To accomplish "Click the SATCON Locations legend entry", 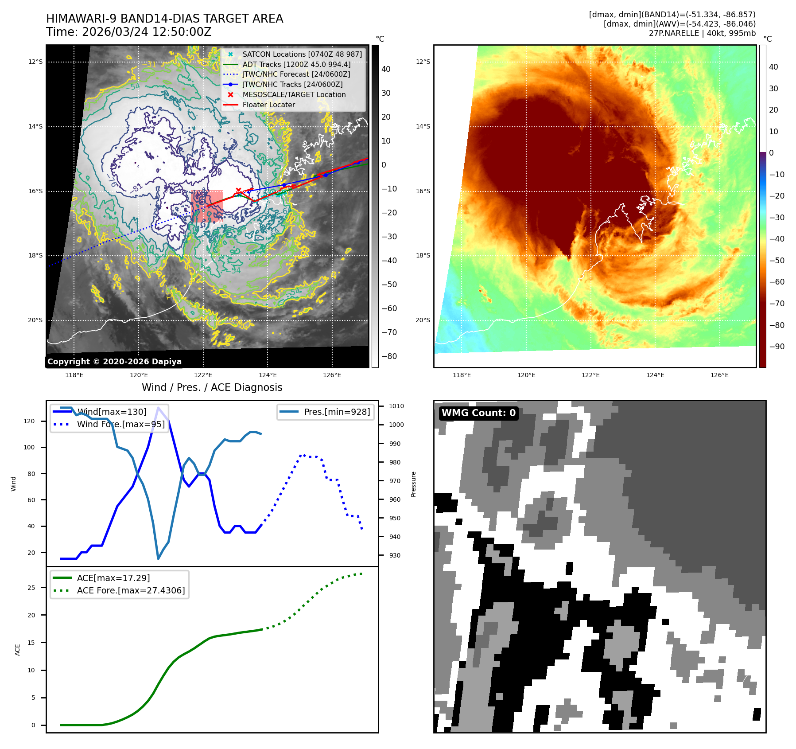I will coord(302,54).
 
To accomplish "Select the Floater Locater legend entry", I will coord(268,105).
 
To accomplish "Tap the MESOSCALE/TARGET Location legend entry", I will coord(294,94).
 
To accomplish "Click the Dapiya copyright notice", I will coord(114,362).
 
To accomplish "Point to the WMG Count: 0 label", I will coord(478,413).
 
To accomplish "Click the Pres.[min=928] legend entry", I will coord(337,412).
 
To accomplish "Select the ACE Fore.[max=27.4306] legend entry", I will coord(131,590).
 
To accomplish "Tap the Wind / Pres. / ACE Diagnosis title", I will coord(212,387).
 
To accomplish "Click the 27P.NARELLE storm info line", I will coord(702,33).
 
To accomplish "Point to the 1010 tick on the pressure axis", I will coord(396,406).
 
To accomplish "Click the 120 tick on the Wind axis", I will coord(29,421).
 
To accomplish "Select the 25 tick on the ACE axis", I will coord(31,588).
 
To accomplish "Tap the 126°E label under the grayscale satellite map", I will coord(332,375).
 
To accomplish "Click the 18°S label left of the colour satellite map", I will coord(423,256).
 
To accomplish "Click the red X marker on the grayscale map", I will coord(238,191).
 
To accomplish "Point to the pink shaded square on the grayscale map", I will coord(207,206).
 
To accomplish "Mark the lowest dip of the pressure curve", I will coord(158,558).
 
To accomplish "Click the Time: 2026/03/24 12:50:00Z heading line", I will coord(129,32).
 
